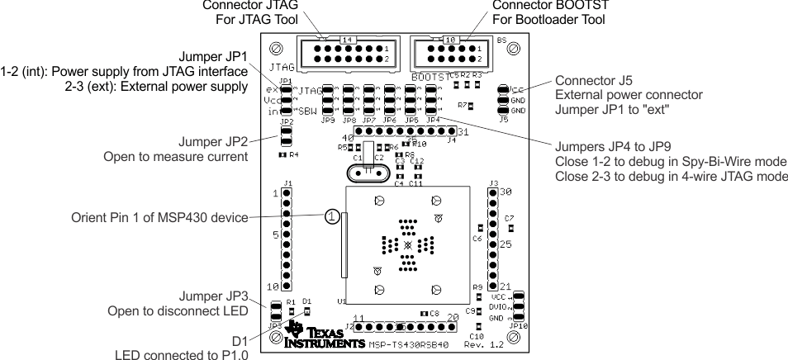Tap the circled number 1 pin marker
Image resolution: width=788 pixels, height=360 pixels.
(331, 216)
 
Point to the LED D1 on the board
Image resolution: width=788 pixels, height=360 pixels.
(307, 311)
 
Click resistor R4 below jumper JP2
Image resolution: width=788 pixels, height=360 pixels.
(282, 154)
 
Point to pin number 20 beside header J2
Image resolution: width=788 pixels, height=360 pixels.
(453, 318)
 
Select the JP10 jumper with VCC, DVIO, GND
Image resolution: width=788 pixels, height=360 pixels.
(519, 306)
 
